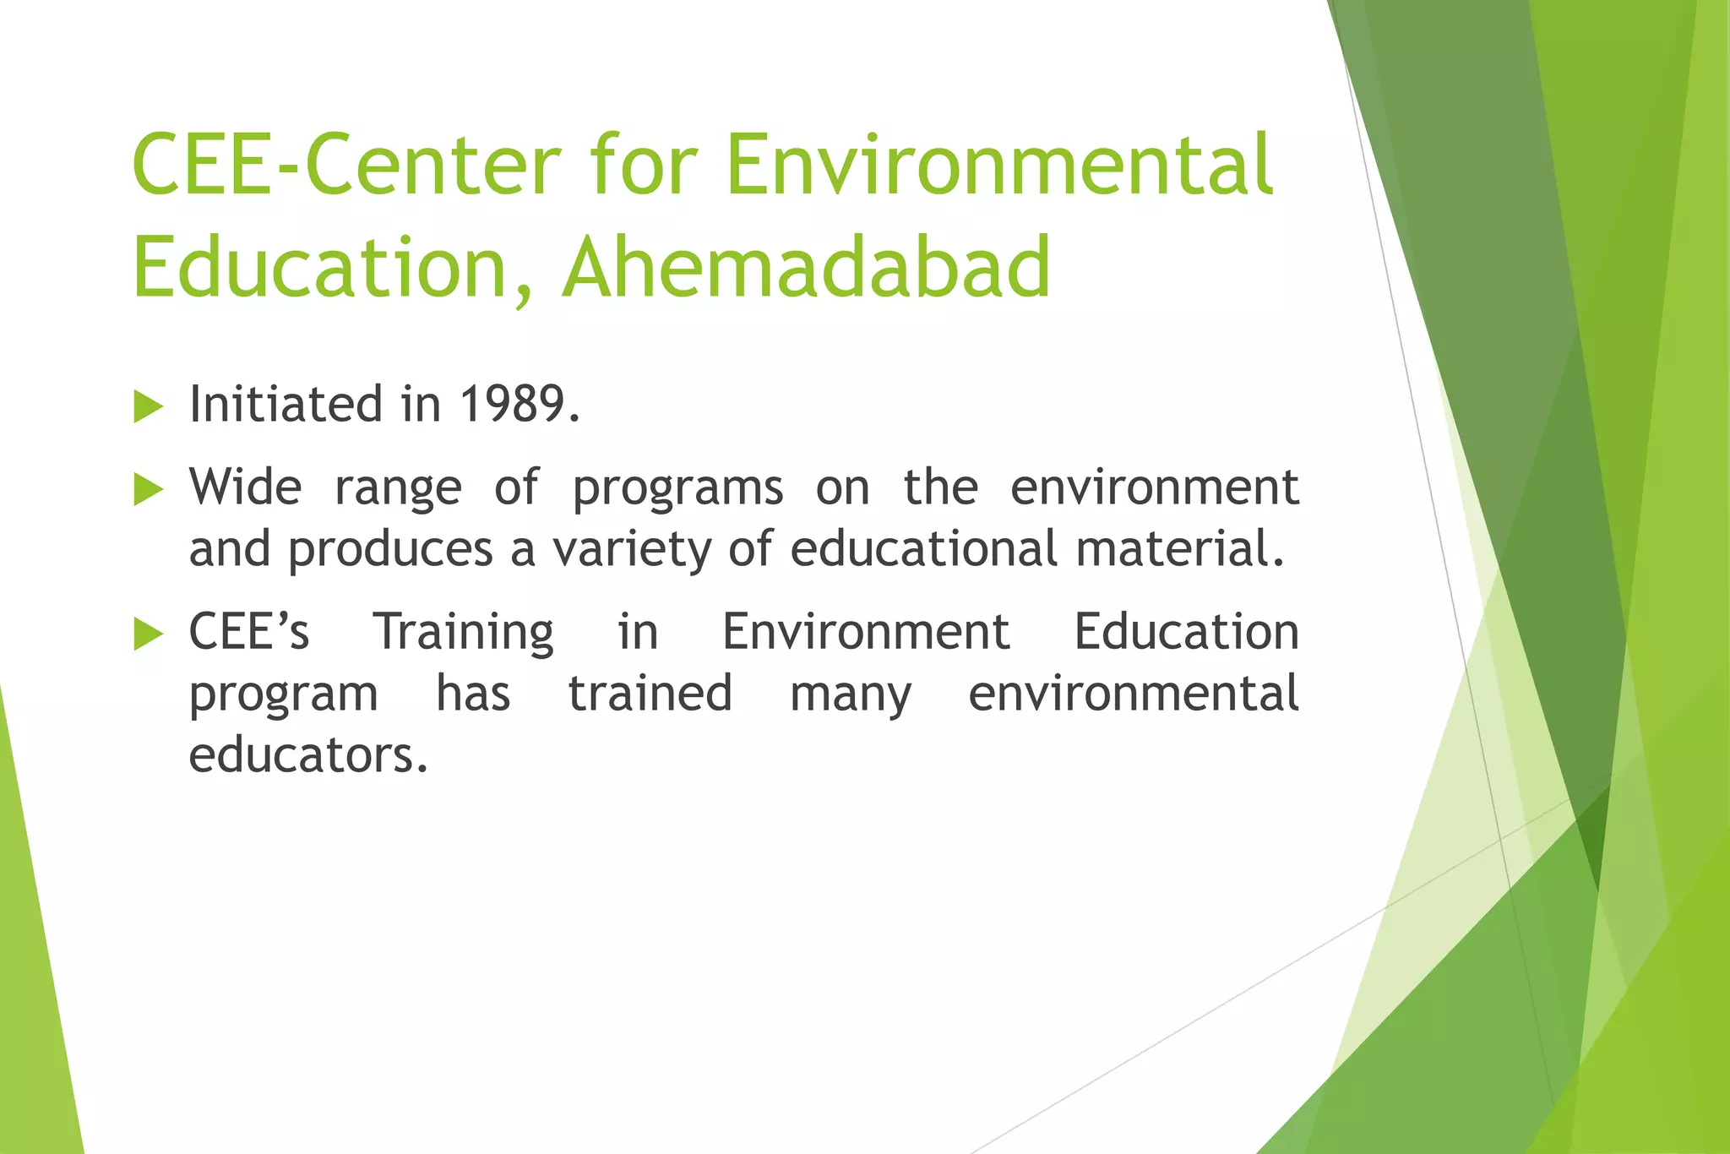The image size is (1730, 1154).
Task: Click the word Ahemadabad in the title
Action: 807,268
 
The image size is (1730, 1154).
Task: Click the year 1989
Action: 520,404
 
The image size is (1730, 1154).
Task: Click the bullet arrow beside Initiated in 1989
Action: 148,407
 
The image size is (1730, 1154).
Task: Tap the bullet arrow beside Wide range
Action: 148,490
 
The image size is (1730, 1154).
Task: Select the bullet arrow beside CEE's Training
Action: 148,634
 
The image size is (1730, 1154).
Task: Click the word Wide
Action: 245,487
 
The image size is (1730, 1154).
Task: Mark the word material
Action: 1179,548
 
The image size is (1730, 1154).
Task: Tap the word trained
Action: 650,694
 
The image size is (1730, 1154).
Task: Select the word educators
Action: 308,754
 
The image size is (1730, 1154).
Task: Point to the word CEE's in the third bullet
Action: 249,632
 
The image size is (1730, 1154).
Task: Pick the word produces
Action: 390,550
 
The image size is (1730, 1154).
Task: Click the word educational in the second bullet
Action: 923,548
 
